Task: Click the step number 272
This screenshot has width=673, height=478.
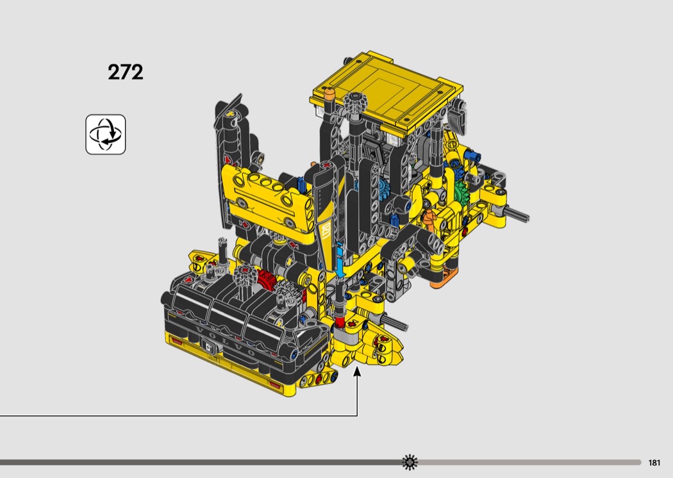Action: point(126,72)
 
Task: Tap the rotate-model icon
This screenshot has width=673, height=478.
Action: point(106,135)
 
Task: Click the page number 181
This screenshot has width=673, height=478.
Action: point(654,463)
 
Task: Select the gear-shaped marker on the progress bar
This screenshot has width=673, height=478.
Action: point(410,462)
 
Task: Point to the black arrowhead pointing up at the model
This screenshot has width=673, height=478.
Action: point(357,372)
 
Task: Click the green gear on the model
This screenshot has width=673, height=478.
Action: point(462,191)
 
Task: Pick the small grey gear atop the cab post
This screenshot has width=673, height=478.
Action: point(356,102)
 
